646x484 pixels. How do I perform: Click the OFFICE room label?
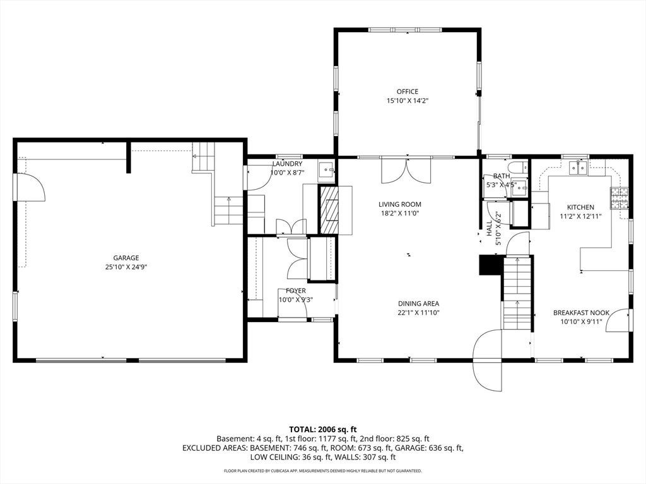[407, 91]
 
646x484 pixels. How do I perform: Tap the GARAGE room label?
[126, 258]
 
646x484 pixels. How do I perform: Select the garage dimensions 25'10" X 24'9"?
[126, 267]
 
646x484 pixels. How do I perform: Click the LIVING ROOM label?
[399, 204]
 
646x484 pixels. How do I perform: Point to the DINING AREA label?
[418, 304]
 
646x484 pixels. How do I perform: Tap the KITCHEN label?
[580, 207]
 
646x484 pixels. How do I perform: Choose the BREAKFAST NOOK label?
[581, 313]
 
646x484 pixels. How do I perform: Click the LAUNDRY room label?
[287, 164]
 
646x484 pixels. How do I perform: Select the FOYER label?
[296, 291]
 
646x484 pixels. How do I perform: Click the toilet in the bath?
[515, 168]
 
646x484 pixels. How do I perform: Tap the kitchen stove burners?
[620, 197]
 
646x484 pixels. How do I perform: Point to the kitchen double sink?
[578, 168]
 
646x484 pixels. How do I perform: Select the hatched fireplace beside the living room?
[329, 210]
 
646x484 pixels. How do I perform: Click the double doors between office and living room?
[406, 170]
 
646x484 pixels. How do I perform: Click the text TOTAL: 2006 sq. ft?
[322, 430]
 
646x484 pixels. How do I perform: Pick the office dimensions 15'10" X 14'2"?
[407, 100]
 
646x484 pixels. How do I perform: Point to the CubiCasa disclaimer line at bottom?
[322, 470]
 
